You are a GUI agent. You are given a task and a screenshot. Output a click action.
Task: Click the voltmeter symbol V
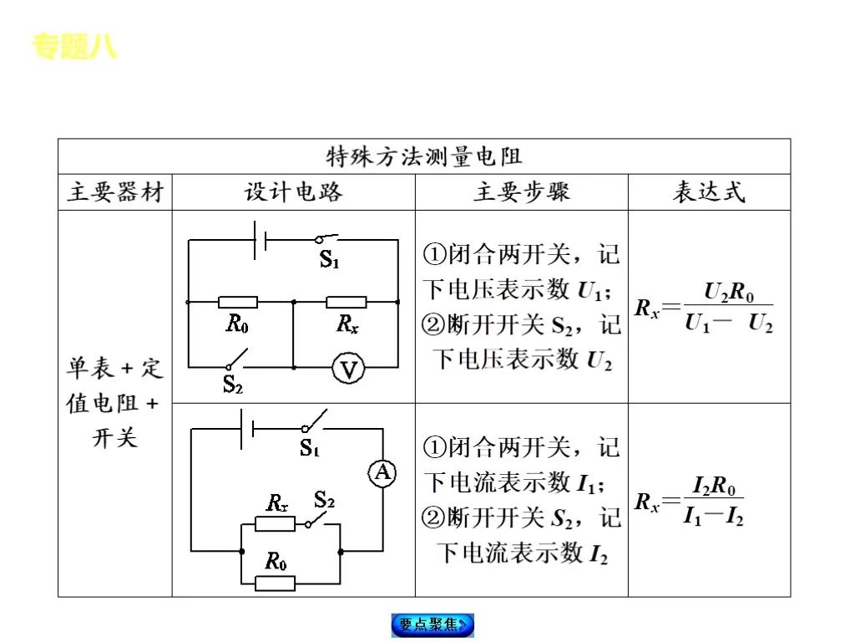pos(347,368)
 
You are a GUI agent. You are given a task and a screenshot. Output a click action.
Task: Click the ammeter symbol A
pos(382,474)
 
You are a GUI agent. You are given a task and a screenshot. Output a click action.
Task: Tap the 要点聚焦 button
pos(433,624)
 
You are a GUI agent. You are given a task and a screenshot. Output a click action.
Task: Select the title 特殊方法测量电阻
pos(423,156)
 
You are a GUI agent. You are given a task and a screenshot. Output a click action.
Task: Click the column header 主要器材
pos(115,192)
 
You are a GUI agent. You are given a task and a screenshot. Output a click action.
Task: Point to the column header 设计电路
pos(293,192)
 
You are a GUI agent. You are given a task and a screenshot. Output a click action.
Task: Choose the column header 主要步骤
pos(522,192)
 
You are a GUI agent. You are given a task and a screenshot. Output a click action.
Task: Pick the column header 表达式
pos(709,192)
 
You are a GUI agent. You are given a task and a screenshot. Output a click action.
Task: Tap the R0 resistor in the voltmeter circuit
pos(238,302)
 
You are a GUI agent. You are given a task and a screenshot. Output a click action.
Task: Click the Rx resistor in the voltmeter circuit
pos(347,302)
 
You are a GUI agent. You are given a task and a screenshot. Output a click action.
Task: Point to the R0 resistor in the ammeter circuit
pos(275,583)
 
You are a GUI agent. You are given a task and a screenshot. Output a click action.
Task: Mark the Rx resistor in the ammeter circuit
pos(275,524)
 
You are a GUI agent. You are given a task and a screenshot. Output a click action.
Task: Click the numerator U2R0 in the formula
pos(729,293)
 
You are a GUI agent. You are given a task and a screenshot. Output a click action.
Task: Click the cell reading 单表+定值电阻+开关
pos(115,403)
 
